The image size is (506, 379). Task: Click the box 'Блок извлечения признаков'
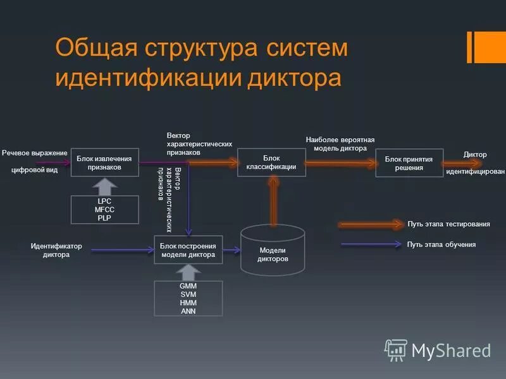[104, 162]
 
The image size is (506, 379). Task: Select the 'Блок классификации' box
[271, 162]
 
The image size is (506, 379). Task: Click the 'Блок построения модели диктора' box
[188, 250]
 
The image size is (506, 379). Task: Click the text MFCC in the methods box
[104, 209]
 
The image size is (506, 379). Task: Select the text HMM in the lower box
[188, 301]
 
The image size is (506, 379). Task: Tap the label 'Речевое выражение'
[34, 153]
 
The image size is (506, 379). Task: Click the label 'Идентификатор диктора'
[56, 251]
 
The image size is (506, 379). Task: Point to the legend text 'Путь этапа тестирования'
[449, 224]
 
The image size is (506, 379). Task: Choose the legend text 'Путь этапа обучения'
[441, 244]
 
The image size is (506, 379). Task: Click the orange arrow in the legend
[371, 224]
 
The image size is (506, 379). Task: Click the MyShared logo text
[451, 350]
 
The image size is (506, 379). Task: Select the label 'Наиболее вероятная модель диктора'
[340, 144]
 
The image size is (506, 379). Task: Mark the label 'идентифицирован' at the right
[475, 172]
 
